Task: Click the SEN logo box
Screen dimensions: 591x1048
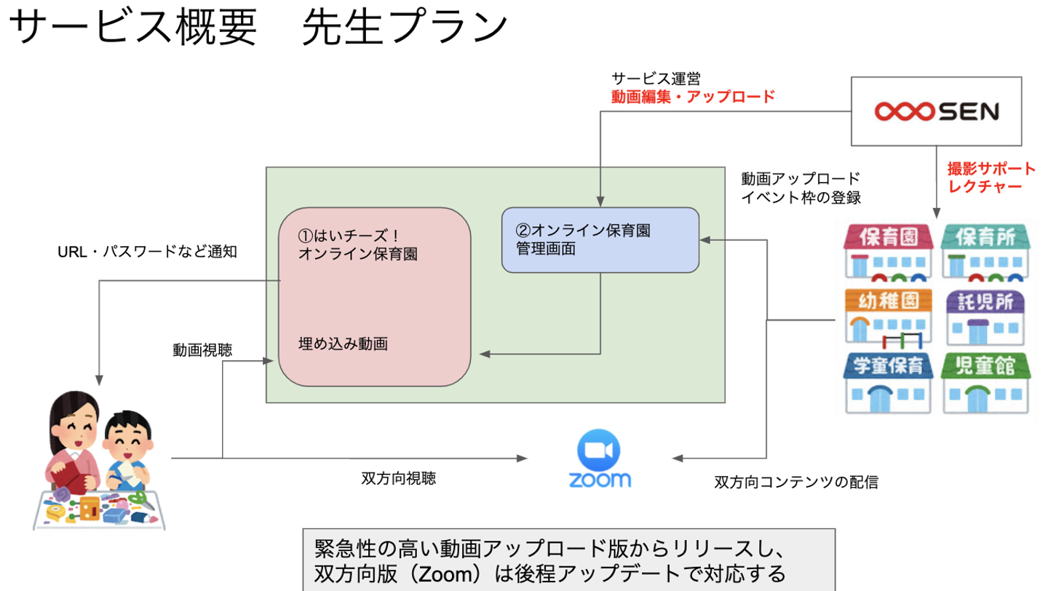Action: coord(937,111)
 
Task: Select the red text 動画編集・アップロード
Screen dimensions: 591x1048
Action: coord(693,96)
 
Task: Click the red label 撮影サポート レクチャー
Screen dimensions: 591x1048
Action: coord(991,178)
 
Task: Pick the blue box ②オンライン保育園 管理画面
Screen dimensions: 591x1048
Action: coord(600,239)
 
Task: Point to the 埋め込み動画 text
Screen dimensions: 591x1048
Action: coord(343,344)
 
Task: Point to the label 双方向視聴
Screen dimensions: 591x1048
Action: coord(399,479)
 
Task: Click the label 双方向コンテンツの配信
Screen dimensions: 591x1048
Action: coord(795,482)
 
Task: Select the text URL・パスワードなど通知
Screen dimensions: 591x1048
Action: coord(148,252)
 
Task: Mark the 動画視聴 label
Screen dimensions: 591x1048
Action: coord(202,349)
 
